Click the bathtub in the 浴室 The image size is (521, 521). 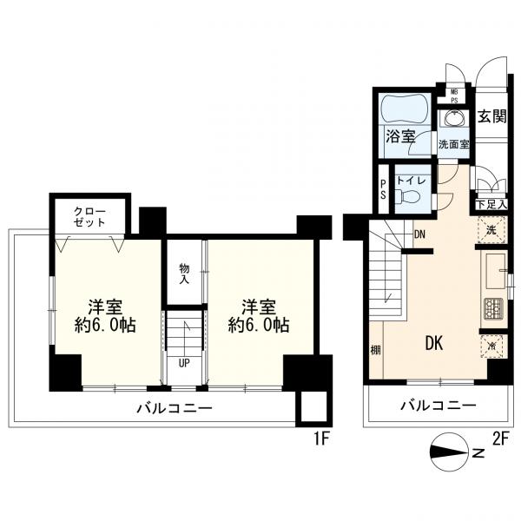(x=403, y=109)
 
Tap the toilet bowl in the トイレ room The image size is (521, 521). (x=407, y=196)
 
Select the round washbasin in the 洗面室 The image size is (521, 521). (x=453, y=119)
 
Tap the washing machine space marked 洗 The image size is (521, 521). (x=491, y=229)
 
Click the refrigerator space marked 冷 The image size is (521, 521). (x=491, y=346)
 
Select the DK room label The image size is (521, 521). (x=434, y=343)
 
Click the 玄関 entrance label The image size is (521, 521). (x=491, y=116)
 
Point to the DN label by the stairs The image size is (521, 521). (x=419, y=234)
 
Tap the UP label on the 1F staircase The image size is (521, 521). (x=184, y=363)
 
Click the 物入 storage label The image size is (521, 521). (x=184, y=274)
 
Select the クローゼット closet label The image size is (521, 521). (x=89, y=216)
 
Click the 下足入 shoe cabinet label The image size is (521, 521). (x=491, y=204)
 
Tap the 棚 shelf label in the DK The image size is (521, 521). (x=375, y=350)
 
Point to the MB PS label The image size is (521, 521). (x=454, y=96)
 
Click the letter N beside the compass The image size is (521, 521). (x=478, y=453)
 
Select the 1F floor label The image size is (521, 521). (x=321, y=440)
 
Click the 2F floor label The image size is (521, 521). (x=500, y=439)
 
